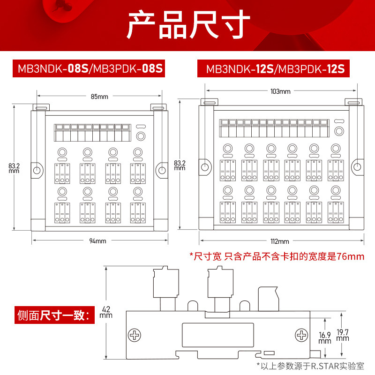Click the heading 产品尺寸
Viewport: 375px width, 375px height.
click(x=187, y=26)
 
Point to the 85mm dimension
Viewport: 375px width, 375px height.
click(x=99, y=97)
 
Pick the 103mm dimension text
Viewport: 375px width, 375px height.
click(x=280, y=91)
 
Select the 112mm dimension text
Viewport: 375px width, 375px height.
click(x=280, y=241)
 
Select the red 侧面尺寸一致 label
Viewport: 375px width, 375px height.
click(x=52, y=315)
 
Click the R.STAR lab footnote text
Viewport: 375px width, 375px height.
click(x=310, y=365)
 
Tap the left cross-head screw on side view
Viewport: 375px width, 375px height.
click(x=135, y=335)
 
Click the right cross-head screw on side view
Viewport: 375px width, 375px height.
click(x=300, y=335)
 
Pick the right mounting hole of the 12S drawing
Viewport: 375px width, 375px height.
click(x=357, y=166)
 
